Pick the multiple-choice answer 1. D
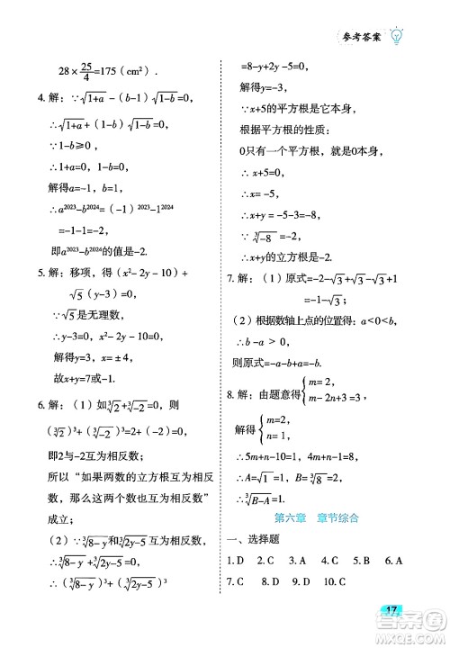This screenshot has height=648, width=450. (x=237, y=561)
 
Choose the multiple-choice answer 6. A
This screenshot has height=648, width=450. (x=391, y=561)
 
